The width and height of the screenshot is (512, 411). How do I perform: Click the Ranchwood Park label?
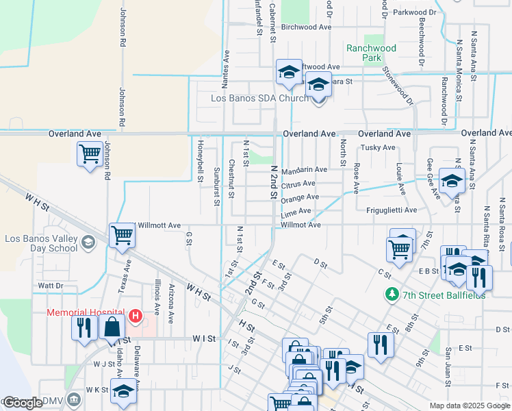pos(371,53)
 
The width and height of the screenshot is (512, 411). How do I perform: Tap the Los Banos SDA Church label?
pos(259,98)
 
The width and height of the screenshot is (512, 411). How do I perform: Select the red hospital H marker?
pos(136,316)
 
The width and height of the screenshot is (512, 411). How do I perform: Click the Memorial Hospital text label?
pos(85,312)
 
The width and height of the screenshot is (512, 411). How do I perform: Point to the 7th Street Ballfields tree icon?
pos(392,294)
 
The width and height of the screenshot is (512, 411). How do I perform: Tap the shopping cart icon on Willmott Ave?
pos(122,235)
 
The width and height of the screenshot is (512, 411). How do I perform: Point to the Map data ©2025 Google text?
pos(469,406)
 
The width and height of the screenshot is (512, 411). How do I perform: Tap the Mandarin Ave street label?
pos(303,169)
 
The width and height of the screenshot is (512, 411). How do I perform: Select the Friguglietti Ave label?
pos(391,210)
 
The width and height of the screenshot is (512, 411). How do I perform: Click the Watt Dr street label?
pos(51,285)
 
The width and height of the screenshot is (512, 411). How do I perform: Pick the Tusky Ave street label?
pos(378,147)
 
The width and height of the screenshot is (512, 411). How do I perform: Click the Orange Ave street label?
pos(300,198)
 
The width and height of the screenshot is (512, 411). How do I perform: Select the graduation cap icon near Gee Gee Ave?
pos(452,180)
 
